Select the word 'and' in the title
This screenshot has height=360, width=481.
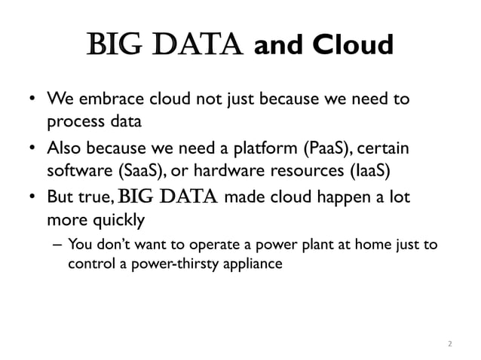[x=280, y=46]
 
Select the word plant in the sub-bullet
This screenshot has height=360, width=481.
[x=318, y=246]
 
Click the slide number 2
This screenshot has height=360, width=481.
[x=449, y=344]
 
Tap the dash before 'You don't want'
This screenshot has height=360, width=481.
[x=57, y=246]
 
